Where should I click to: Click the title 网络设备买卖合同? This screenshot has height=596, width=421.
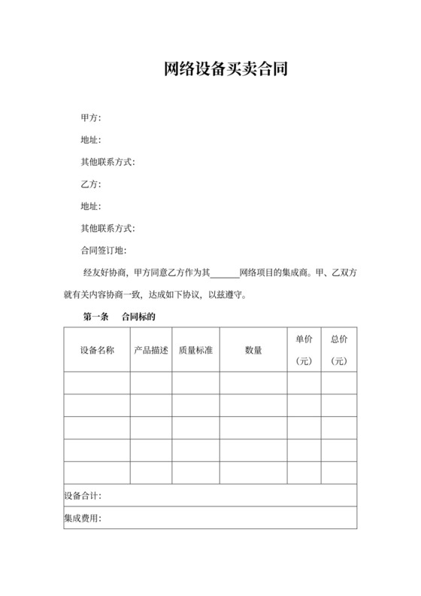(226, 71)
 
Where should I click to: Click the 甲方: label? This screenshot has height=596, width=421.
(90, 118)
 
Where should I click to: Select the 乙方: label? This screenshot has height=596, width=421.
(90, 184)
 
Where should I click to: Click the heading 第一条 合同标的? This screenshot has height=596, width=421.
(118, 318)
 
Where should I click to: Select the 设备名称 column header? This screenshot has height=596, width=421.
(97, 350)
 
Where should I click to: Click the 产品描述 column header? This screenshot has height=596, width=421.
(151, 350)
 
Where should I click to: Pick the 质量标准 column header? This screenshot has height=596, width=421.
(195, 350)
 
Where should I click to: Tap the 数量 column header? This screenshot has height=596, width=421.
(253, 350)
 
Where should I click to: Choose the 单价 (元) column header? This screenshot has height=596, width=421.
(304, 350)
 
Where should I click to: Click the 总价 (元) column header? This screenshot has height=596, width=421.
(339, 350)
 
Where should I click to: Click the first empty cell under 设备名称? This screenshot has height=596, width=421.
(97, 384)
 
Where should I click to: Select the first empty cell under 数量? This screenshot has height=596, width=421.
(253, 384)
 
